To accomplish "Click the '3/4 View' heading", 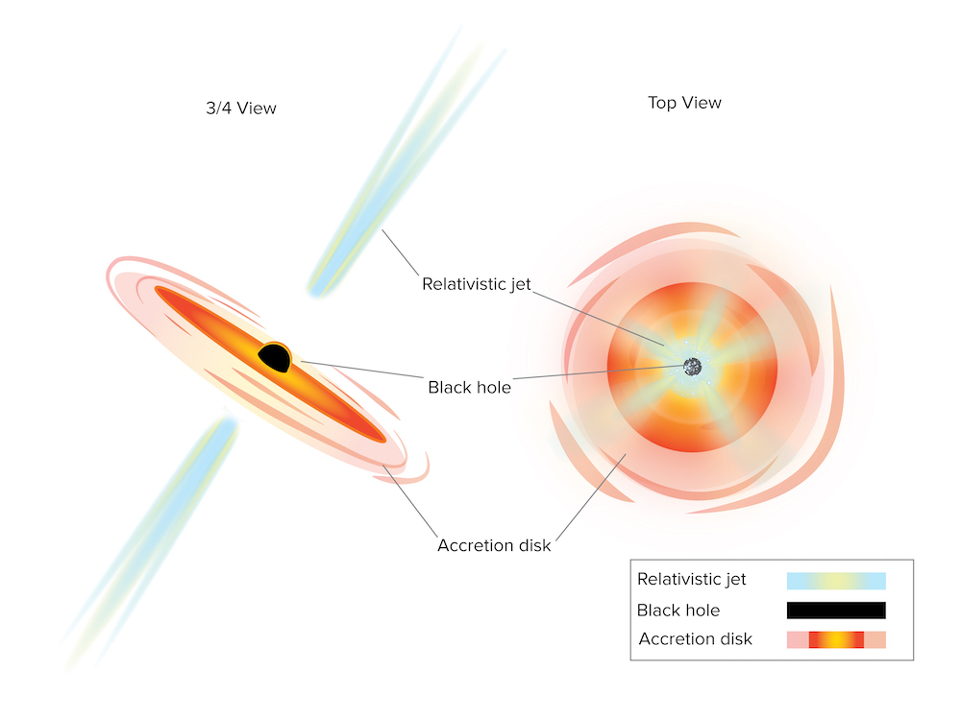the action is tap(241, 108).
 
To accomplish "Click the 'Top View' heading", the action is tap(684, 103).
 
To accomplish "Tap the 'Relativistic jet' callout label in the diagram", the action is tap(477, 284).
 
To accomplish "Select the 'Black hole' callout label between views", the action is tap(469, 387).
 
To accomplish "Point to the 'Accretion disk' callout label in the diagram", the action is tap(494, 545).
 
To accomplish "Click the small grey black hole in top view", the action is tap(692, 367).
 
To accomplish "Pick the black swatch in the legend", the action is tap(836, 610).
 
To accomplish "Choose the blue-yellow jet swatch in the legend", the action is tap(836, 581).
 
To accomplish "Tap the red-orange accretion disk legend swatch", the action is tap(836, 639).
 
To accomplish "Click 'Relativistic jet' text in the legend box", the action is tap(691, 580).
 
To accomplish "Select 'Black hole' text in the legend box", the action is tap(678, 610).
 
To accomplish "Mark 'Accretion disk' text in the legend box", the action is tap(695, 638).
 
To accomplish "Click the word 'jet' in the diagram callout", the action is tap(520, 285).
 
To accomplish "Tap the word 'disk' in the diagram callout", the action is tap(535, 545).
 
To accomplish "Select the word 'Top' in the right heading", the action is tap(662, 104).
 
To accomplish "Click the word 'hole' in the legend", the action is tap(703, 610).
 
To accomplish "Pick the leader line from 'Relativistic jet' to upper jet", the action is tap(400, 252).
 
